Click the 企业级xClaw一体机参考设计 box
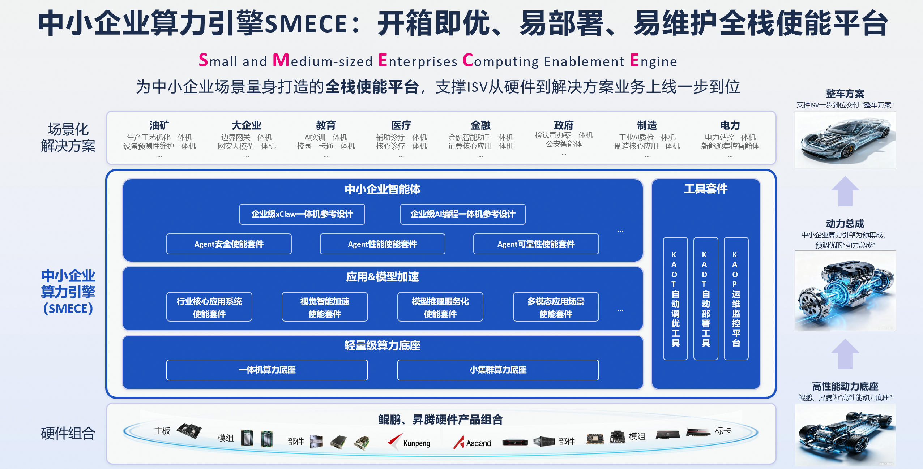pos(302,214)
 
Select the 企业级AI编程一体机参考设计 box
pos(463,214)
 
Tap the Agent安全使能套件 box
pos(229,244)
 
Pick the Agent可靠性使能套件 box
pos(536,244)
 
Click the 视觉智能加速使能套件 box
pos(325,307)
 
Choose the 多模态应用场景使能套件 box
pos(556,307)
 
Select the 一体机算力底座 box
pos(267,370)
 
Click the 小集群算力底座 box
pos(498,370)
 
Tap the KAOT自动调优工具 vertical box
pos(675,298)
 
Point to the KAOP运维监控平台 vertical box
pos(736,298)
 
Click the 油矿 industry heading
pos(159,125)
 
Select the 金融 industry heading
pos(480,125)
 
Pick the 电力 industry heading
pos(730,125)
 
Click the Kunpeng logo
pos(409,442)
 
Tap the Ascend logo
pos(473,442)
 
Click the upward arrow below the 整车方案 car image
pos(845,191)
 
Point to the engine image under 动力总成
pos(845,291)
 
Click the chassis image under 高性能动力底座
pos(845,435)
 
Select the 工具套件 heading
pos(706,189)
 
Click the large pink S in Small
pos(203,60)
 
